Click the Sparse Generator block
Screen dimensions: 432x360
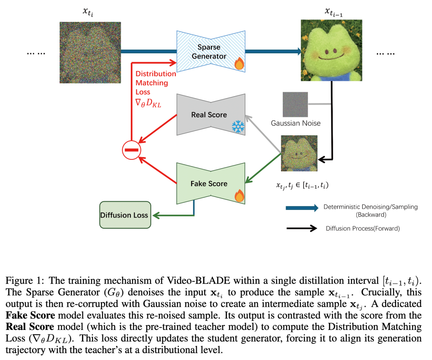(211, 51)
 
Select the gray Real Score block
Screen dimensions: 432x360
(211, 115)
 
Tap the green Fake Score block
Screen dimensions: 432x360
(211, 183)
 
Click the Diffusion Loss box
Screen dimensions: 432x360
(125, 215)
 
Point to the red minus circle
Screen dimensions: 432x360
(132, 150)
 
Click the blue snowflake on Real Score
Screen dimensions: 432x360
(238, 127)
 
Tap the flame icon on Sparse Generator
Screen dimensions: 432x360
(239, 63)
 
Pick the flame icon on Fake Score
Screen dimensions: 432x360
(239, 195)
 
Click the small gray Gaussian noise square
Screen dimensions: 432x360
(295, 104)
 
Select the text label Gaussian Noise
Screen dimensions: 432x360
(296, 123)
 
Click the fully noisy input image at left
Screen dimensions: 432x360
(90, 52)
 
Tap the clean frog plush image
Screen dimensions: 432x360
(332, 50)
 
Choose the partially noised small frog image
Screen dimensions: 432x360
(299, 153)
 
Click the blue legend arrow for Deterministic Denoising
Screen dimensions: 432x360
(302, 208)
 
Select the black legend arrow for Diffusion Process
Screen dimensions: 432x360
(302, 228)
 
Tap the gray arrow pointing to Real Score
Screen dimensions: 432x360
(263, 134)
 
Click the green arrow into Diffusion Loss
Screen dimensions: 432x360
(174, 215)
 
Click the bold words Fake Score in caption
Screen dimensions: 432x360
(30, 315)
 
